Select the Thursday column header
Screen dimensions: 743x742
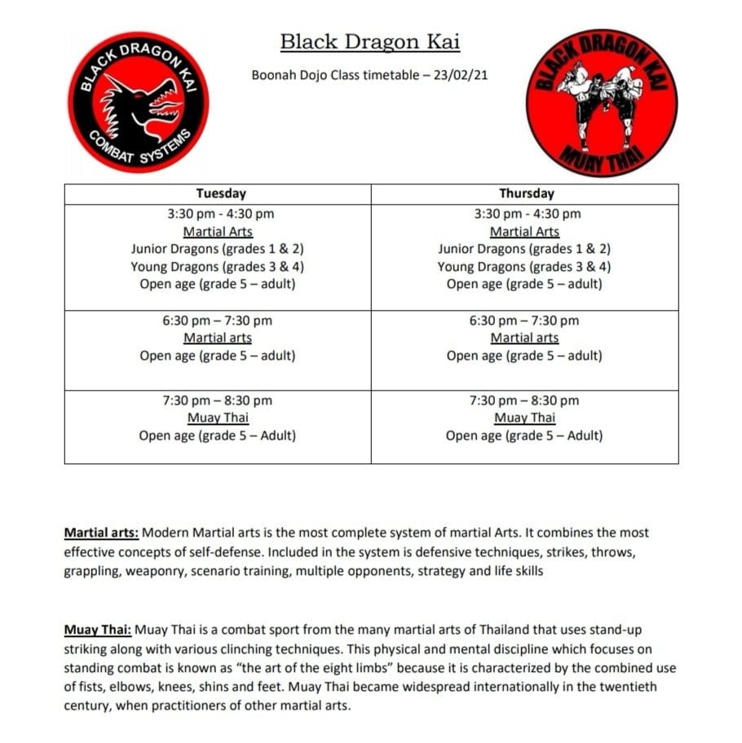coord(526,194)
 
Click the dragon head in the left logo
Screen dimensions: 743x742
coord(145,110)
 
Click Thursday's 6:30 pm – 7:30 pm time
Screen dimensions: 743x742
coord(523,321)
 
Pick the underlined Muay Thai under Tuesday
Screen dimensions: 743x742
coord(218,418)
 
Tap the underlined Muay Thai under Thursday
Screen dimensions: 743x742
coord(524,418)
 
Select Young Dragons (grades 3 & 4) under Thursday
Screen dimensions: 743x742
coord(523,267)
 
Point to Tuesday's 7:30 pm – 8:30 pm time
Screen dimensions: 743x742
coord(217,400)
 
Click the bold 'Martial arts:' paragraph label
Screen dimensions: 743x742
coord(101,533)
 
